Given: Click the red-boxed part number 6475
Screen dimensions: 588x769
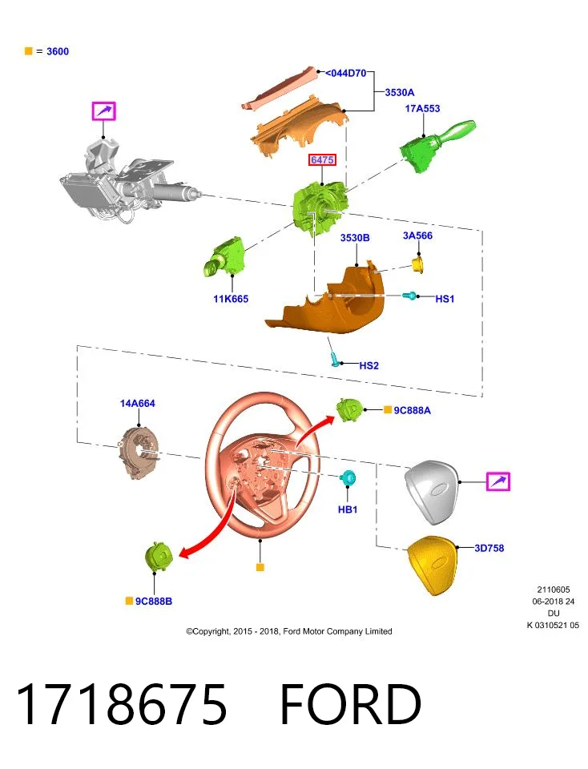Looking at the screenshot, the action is [x=322, y=160].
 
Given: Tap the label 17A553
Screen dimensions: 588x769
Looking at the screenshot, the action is [x=422, y=108].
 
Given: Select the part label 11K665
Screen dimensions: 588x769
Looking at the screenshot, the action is [x=231, y=299].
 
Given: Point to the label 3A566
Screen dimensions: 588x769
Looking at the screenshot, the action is [x=417, y=236].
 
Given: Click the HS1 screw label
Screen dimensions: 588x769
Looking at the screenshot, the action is [x=445, y=299].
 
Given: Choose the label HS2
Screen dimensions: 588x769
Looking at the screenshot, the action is [x=369, y=365].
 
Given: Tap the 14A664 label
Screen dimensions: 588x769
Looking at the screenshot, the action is [x=137, y=403].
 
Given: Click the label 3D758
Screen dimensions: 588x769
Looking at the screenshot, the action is [x=489, y=548].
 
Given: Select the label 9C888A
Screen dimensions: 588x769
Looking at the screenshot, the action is [x=412, y=410].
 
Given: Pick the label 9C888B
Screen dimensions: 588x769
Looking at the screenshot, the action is [x=154, y=602].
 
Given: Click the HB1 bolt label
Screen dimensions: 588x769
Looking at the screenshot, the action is [x=347, y=509].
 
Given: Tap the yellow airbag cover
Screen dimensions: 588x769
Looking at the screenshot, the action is [x=433, y=565].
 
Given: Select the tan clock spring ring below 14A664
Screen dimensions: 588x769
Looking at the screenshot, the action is [x=139, y=451].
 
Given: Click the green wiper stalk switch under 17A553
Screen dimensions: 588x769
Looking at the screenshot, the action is [x=436, y=145].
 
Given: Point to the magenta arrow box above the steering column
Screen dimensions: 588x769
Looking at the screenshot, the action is [x=104, y=111].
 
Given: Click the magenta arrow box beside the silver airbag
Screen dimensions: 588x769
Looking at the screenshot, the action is [x=498, y=481].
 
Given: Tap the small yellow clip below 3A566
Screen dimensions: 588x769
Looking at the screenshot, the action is [x=417, y=265].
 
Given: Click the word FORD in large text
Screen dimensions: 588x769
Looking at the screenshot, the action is [x=350, y=704].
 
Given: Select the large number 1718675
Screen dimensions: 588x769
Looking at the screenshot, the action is [x=122, y=704].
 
